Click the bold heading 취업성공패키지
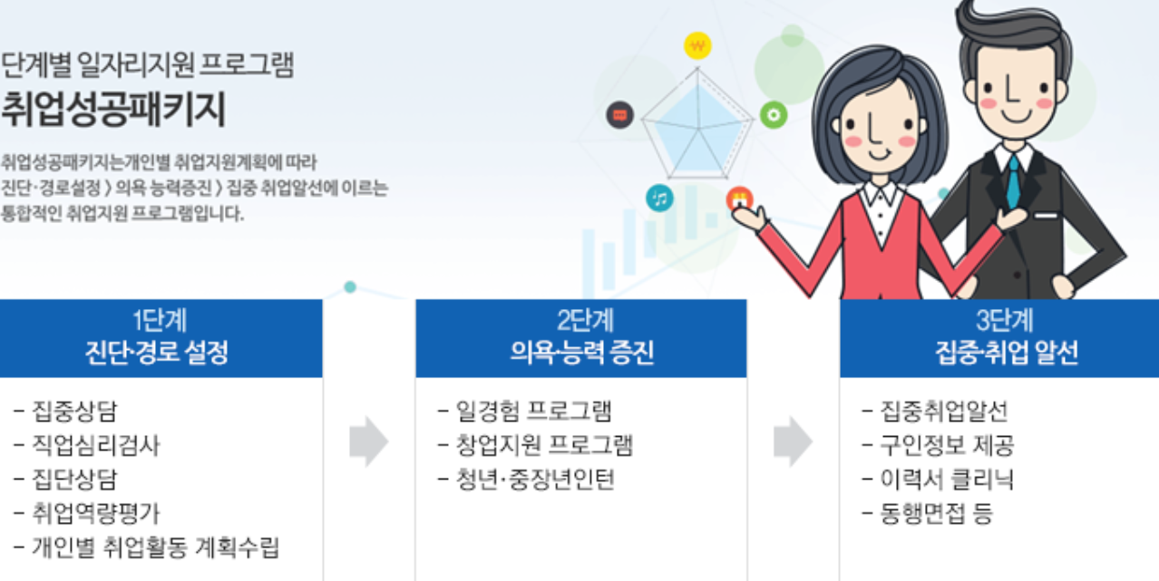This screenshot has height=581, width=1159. (113, 111)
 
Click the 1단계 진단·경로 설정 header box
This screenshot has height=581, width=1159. (161, 338)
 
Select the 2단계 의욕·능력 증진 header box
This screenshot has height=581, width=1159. (581, 338)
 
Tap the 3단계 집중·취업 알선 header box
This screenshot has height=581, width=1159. (998, 338)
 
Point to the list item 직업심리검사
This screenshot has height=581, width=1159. (96, 445)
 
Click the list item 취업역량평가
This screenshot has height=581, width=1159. (96, 513)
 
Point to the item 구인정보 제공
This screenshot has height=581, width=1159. (947, 445)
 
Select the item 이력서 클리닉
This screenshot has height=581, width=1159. (947, 479)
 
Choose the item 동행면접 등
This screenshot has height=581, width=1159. (937, 514)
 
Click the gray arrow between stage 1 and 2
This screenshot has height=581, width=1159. (368, 443)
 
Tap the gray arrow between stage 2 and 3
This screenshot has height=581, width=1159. (793, 441)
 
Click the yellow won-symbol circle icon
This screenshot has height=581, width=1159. (696, 44)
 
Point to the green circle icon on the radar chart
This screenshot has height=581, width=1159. (773, 115)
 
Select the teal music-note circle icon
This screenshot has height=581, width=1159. (659, 198)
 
